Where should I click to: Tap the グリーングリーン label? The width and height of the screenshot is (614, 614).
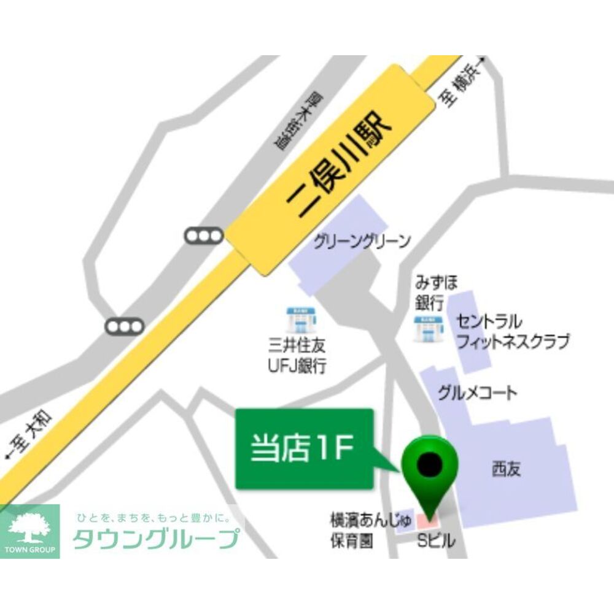tap(362, 241)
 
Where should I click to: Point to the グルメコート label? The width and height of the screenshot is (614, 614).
tap(478, 393)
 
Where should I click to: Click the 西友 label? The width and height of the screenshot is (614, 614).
tap(506, 469)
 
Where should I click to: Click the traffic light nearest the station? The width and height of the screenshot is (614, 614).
tap(204, 235)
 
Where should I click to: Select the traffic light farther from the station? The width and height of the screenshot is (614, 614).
tap(125, 326)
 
